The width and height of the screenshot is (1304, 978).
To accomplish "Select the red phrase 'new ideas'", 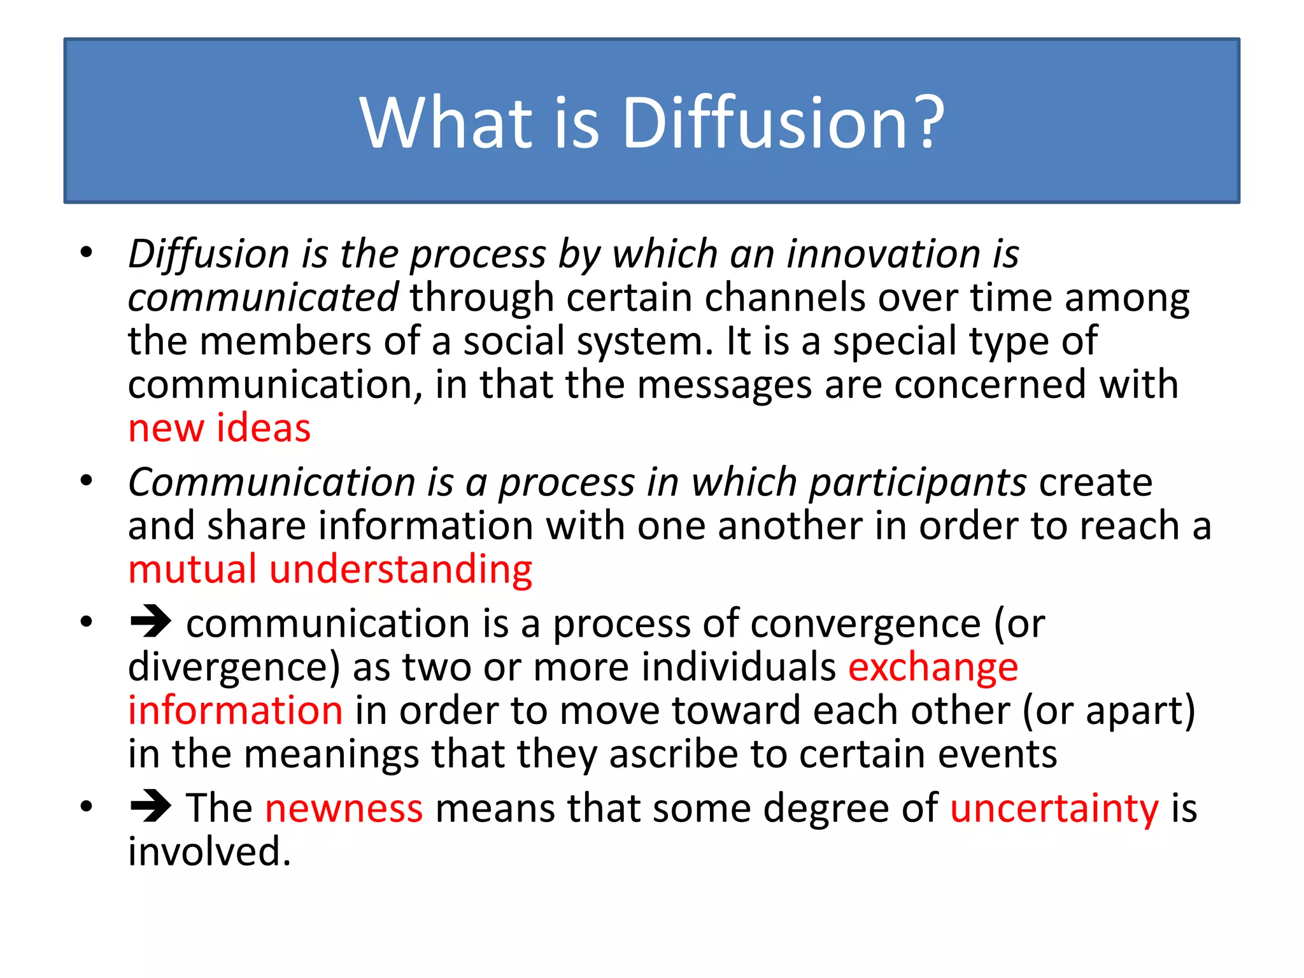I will point(219,428).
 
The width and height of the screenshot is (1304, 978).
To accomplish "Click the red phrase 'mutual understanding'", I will point(330,569).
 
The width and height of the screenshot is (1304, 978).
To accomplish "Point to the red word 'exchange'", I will point(933,667).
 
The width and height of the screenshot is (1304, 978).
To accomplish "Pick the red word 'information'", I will point(235,711).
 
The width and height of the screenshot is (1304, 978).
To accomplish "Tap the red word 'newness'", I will point(344,808).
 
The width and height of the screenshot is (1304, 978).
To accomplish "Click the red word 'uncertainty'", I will point(1054,809).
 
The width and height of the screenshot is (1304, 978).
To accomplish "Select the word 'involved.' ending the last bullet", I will point(209,852).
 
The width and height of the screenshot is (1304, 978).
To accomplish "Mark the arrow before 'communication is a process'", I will point(151,621).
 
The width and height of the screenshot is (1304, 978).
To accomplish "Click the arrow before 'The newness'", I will point(151,806).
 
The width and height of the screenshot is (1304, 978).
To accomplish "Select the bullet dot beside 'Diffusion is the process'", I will point(87,252).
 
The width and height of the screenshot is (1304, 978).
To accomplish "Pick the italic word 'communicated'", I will point(263,298).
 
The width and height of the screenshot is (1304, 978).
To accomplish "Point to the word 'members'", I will point(285,341).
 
